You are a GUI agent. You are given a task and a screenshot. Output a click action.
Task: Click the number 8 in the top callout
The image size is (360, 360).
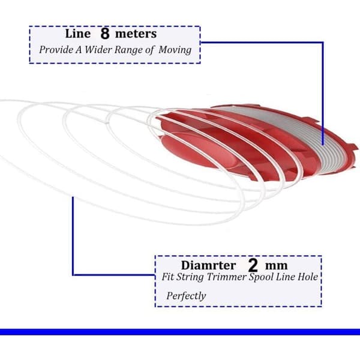click(105, 34)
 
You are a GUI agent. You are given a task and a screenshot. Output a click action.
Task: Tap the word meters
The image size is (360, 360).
click(136, 34)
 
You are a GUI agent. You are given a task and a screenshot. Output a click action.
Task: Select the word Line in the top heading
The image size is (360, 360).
click(78, 34)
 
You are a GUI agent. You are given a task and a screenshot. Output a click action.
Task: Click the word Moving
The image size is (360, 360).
click(175, 50)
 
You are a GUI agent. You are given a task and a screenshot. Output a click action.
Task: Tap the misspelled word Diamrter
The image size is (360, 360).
click(208, 265)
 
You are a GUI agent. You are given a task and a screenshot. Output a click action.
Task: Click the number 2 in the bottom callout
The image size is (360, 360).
click(253, 265)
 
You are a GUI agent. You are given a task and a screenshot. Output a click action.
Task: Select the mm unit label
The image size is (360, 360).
click(276, 266)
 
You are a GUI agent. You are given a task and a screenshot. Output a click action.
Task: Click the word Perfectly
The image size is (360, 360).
click(186, 296)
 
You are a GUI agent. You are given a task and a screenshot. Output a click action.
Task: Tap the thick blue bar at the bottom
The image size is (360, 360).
click(180, 332)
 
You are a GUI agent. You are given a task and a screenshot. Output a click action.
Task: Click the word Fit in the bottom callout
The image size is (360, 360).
click(168, 277)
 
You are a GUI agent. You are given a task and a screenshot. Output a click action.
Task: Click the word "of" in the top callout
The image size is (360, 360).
click(149, 50)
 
